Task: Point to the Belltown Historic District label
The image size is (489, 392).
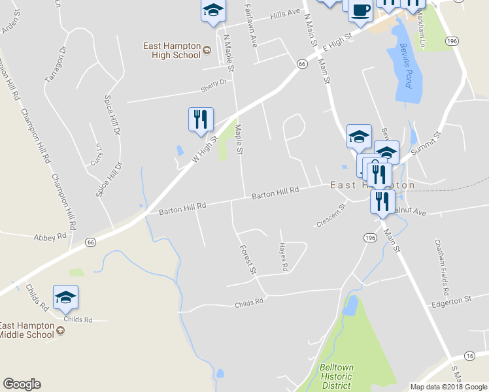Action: pyautogui.click(x=337, y=376)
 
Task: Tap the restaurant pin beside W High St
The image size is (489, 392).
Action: pyautogui.click(x=201, y=120)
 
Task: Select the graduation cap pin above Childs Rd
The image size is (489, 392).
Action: pyautogui.click(x=65, y=298)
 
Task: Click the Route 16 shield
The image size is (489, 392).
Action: pyautogui.click(x=469, y=355)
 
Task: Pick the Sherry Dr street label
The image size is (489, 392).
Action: pyautogui.click(x=214, y=83)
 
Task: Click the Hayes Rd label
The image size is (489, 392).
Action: pyautogui.click(x=283, y=257)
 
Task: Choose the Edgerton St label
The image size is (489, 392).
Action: pyautogui.click(x=452, y=300)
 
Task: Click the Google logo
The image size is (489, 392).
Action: pyautogui.click(x=22, y=384)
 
